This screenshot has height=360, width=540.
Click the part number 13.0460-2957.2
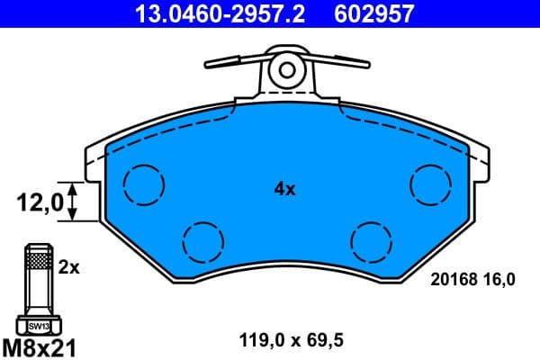point(208,13)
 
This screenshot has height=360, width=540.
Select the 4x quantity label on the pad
point(284,189)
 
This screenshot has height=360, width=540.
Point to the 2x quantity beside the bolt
point(69,267)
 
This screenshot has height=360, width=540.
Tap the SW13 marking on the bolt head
point(37,326)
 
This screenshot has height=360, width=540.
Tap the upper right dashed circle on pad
point(429,184)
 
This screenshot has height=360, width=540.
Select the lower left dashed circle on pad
point(202,240)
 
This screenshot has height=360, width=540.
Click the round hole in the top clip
point(287,68)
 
